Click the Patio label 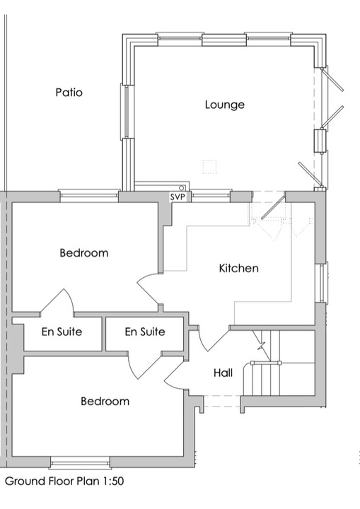(69, 92)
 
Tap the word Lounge (225, 105)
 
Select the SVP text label (177, 197)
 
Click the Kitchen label (238, 268)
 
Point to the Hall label (223, 372)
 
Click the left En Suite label (62, 332)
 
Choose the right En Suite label (145, 332)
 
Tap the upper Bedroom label (83, 252)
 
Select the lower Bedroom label (105, 401)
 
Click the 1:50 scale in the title (110, 481)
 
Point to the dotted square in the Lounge (209, 166)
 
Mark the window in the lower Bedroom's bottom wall (80, 464)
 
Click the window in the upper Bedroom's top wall (88, 194)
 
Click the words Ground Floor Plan (48, 481)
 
